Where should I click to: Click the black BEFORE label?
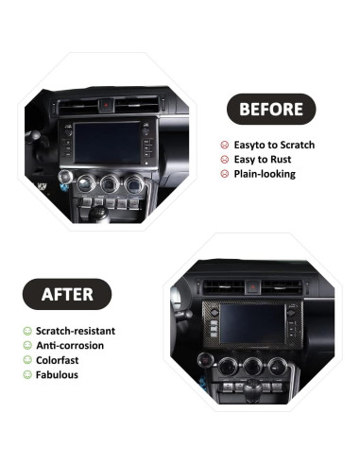(x=270, y=109)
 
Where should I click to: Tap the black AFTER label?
(x=66, y=294)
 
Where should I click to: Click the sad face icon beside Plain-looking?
(x=224, y=174)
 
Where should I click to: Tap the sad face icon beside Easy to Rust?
(x=224, y=160)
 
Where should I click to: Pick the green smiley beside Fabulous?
(x=27, y=374)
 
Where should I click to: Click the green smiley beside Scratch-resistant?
(x=27, y=332)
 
